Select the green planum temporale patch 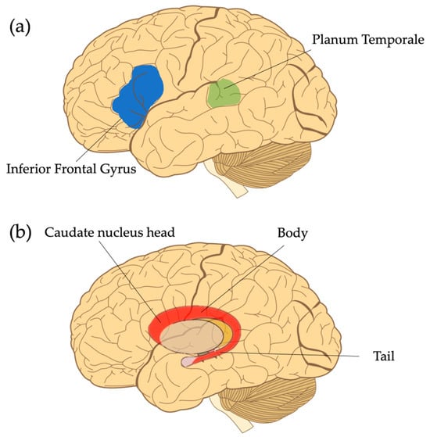coord(224,93)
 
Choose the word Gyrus coord(148,168)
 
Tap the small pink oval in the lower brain coord(190,362)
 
